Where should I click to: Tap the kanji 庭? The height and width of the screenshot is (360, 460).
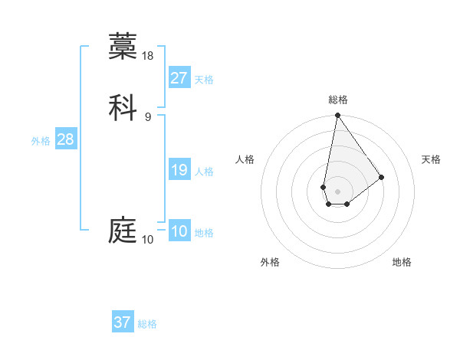coord(123,230)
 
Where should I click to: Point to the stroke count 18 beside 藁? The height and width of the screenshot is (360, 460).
coord(149,55)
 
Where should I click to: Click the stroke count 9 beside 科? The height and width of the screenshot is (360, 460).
coord(148,116)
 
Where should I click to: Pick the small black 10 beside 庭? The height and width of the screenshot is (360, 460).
coord(148,240)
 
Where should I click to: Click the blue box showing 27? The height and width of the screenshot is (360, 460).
coord(179,78)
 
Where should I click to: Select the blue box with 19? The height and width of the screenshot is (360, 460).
coord(179,170)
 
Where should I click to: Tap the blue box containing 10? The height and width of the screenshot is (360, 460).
coord(179,231)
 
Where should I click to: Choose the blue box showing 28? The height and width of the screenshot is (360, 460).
coord(65,139)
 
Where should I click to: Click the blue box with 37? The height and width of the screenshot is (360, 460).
coord(123,322)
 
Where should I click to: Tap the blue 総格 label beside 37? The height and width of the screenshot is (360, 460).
coord(147,324)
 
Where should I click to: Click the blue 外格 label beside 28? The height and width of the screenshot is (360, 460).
coord(41,141)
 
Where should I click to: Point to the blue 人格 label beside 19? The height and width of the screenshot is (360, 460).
coord(204,172)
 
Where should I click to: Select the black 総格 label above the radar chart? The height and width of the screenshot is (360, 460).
coord(337,100)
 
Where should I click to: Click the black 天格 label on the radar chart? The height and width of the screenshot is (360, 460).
coord(432,159)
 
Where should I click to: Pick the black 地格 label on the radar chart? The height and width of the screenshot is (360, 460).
coord(402,262)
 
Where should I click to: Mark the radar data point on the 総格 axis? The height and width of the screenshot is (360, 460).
coord(337,116)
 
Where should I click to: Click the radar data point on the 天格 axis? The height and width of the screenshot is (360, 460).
coord(382,178)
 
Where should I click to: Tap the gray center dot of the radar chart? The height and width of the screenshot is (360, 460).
coord(337,191)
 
